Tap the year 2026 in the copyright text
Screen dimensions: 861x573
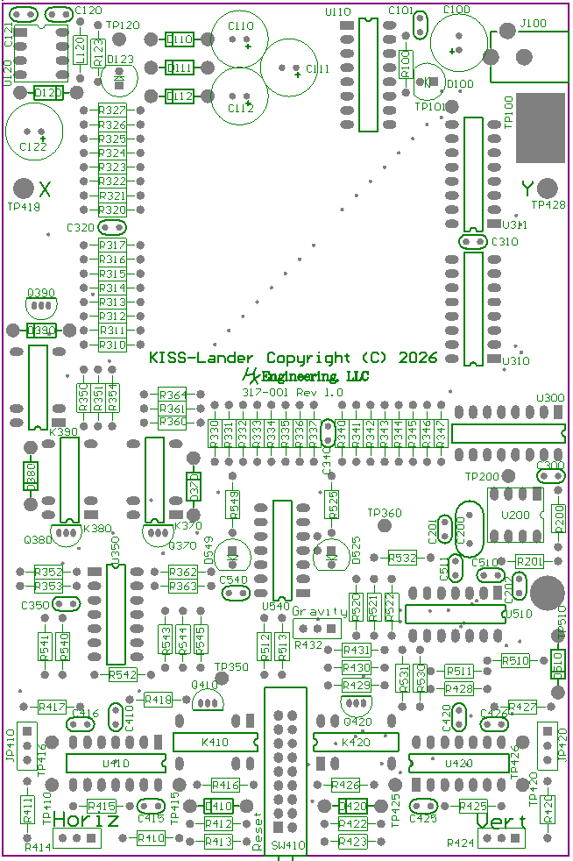pyautogui.click(x=417, y=358)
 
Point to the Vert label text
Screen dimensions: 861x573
pyautogui.click(x=502, y=822)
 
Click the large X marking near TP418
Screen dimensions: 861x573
pyautogui.click(x=46, y=188)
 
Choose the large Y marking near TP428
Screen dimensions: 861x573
pyautogui.click(x=527, y=188)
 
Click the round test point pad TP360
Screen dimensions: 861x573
pyautogui.click(x=384, y=525)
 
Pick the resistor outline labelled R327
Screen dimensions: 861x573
pyautogui.click(x=112, y=111)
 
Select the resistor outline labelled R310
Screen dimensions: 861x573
pyautogui.click(x=112, y=345)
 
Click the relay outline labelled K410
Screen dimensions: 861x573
pyautogui.click(x=216, y=743)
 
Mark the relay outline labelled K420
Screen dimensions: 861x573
pyautogui.click(x=356, y=743)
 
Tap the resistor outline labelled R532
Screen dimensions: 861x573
pyautogui.click(x=403, y=558)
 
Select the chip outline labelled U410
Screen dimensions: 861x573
pyautogui.click(x=116, y=764)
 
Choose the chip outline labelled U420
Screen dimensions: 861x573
pyautogui.click(x=459, y=764)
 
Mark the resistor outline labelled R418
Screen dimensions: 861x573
pyautogui.click(x=159, y=699)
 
